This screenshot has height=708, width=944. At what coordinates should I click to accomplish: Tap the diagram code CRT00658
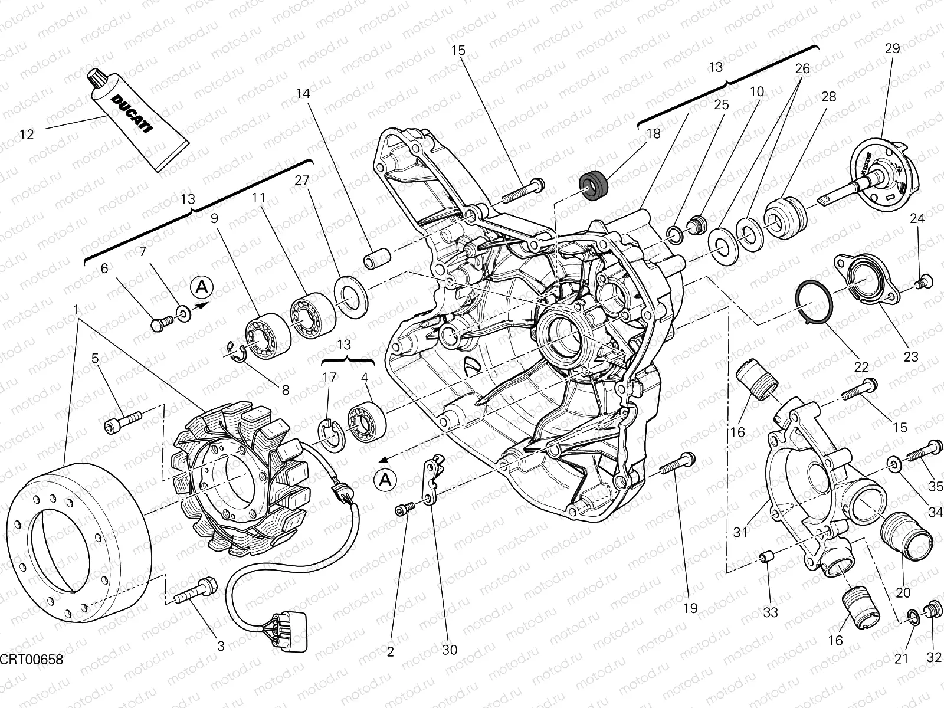point(31,658)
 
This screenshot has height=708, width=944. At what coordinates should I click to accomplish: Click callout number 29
point(892,48)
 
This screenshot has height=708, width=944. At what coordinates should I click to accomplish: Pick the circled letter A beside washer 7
point(202,287)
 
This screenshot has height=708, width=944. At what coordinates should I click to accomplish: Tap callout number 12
point(27,135)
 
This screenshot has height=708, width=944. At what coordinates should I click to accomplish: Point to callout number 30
point(450,650)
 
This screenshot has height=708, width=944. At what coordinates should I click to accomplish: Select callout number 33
point(771,613)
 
